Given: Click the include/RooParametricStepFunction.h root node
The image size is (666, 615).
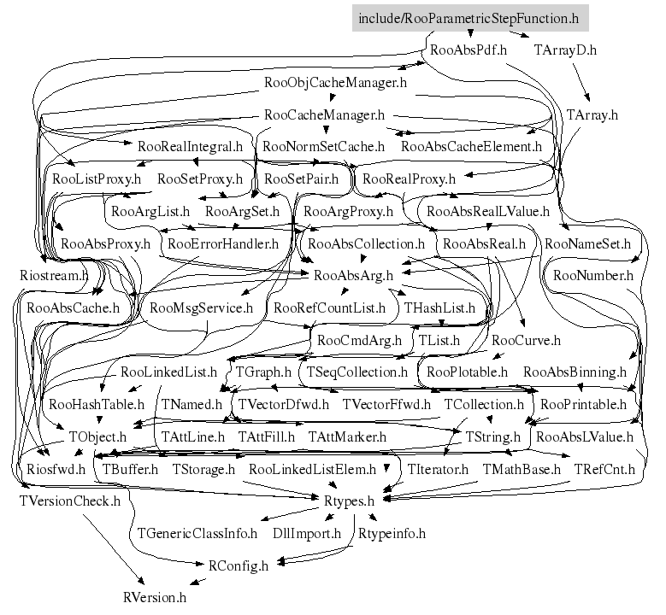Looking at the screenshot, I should pos(469,18).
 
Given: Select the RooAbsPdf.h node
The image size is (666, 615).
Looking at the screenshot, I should pos(469,50).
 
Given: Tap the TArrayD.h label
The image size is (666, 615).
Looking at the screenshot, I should pos(564,50).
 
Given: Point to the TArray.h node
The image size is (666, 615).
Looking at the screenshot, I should pos(592,114).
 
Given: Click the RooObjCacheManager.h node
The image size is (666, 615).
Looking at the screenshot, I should pos(336,83).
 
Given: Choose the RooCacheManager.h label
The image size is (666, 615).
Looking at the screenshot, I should pos(324,114).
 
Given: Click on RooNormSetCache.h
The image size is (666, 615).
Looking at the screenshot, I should pos(323,146).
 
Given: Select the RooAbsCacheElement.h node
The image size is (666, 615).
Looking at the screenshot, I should pos(471,146).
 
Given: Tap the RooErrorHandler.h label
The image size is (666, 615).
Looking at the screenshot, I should pos(223,243).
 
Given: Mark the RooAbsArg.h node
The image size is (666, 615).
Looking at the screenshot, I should pos(353,275).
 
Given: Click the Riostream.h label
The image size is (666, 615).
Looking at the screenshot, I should pos(54,275).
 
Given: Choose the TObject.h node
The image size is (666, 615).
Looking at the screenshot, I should pos(97,436).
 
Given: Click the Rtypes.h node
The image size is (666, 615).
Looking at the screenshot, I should pos(351,501).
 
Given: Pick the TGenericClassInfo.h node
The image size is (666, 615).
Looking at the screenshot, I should pos(197,533).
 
